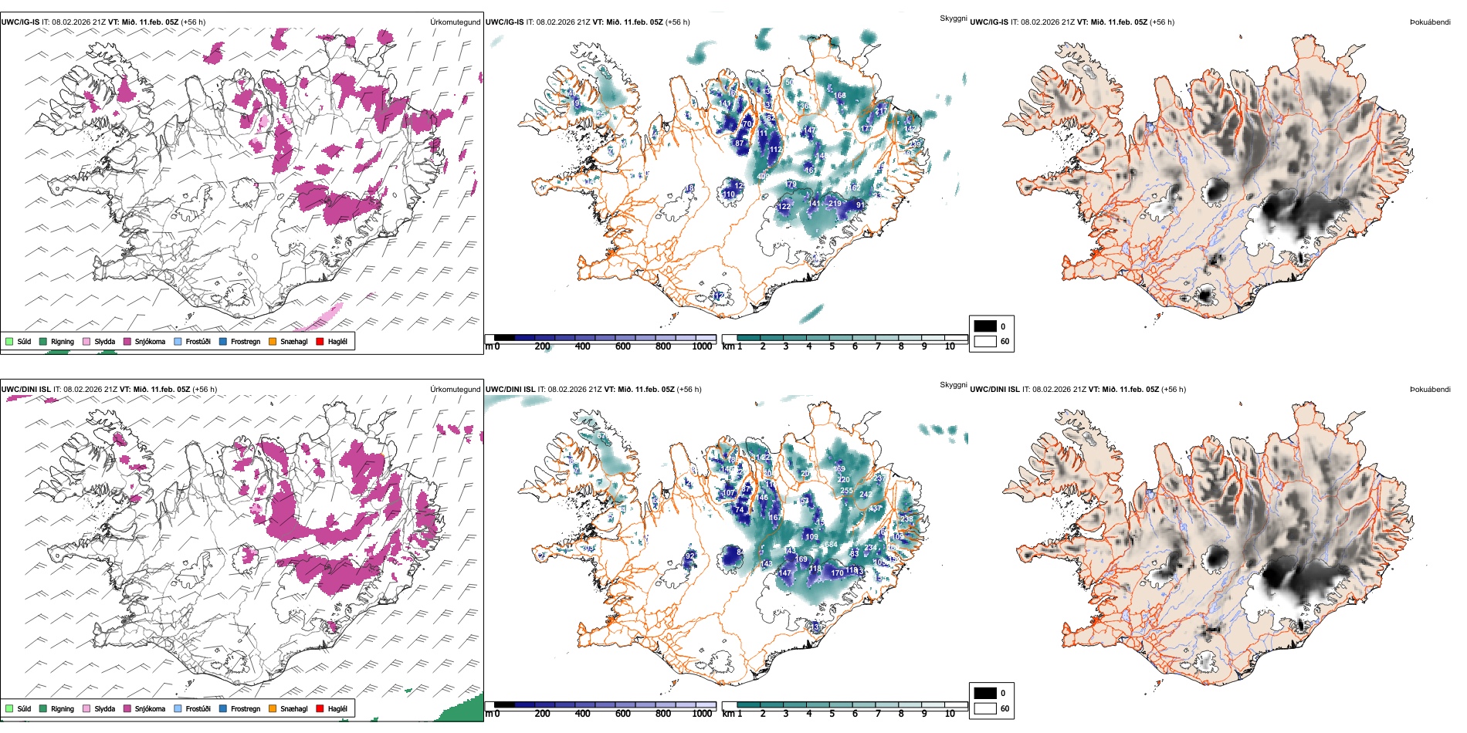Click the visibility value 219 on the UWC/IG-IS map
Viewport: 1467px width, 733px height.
coord(835,204)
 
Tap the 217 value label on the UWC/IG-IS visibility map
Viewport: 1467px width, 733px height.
coord(881,112)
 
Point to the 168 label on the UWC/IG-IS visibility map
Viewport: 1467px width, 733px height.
coord(840,96)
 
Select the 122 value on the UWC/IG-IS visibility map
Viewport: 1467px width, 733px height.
coord(784,207)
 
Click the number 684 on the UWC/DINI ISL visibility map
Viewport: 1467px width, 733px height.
coord(831,545)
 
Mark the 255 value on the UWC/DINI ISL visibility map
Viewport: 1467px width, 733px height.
coord(846,491)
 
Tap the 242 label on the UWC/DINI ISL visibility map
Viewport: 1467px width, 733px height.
coord(866,495)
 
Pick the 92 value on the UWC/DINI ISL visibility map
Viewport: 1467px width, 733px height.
coord(690,556)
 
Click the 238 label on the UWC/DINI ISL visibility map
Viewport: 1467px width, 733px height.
coord(906,519)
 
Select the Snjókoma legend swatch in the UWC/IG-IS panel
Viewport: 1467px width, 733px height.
coord(127,341)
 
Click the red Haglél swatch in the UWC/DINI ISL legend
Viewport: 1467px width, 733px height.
coord(320,708)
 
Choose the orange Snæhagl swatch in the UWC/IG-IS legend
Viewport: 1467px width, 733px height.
coord(273,341)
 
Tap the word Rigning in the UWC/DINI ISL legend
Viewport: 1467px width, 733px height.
coord(63,708)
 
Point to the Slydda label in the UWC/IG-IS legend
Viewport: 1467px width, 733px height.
coord(104,341)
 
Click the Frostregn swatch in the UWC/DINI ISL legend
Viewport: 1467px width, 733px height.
coord(223,708)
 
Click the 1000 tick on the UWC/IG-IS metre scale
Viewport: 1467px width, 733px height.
coord(702,346)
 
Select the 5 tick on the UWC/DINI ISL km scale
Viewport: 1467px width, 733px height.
coord(832,714)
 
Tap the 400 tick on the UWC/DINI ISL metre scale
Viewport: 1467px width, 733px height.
coord(583,714)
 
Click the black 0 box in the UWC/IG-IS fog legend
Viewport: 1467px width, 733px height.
coord(985,326)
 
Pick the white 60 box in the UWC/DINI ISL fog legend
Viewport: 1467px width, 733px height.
coord(985,708)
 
